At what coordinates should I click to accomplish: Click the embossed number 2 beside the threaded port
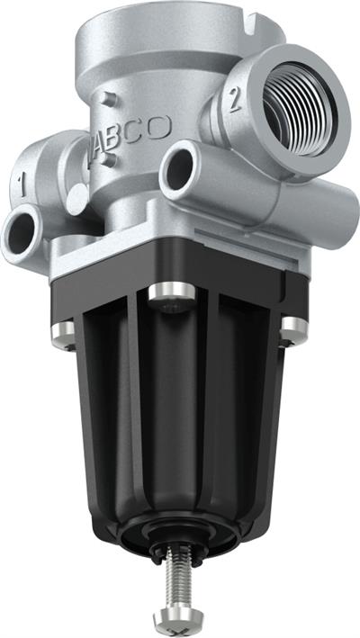[x=235, y=100]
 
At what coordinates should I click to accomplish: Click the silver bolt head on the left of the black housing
[x=63, y=334]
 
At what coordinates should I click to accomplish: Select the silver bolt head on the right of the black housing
[x=293, y=330]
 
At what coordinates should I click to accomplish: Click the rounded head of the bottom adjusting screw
[x=172, y=618]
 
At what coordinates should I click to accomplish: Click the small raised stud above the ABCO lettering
[x=108, y=98]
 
